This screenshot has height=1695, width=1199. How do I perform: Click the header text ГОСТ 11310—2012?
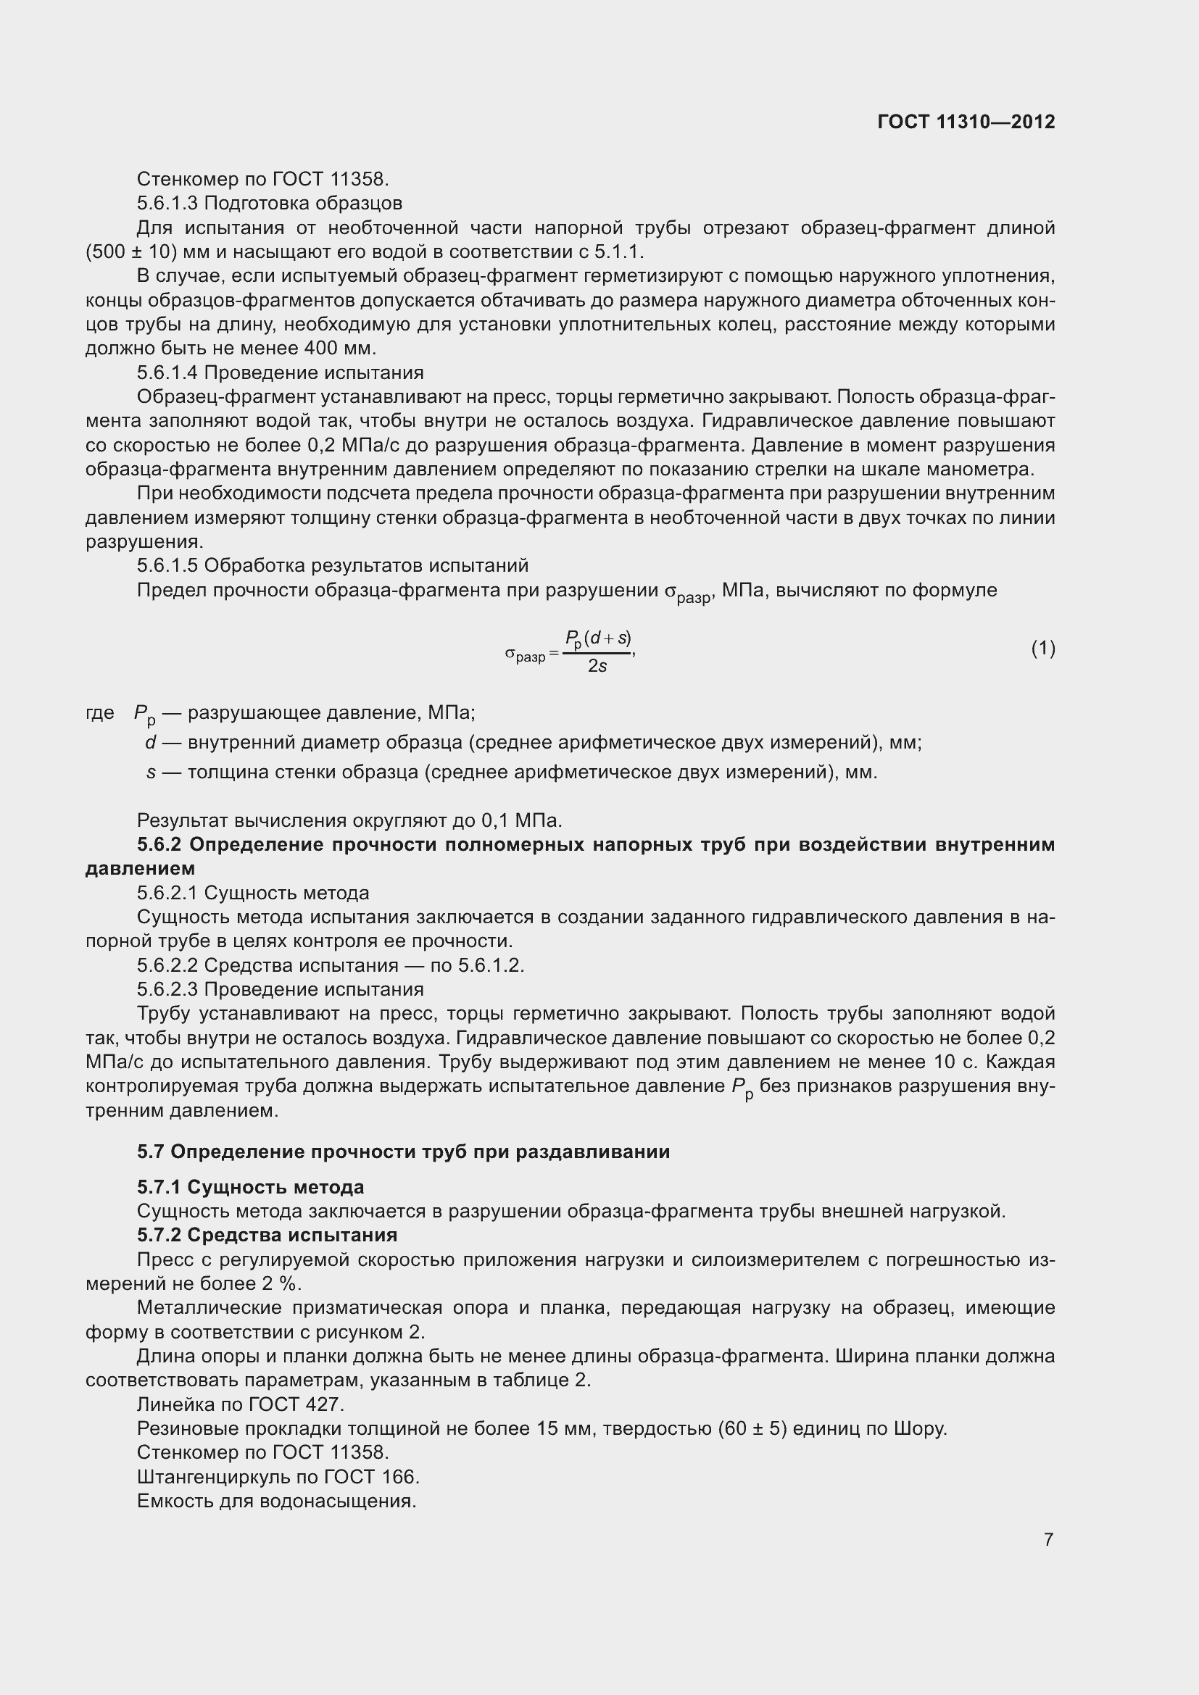click(966, 122)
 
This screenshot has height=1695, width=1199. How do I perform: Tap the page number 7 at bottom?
click(1048, 1539)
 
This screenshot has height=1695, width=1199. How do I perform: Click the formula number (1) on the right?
click(1042, 648)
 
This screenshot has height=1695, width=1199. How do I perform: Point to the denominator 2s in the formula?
click(597, 666)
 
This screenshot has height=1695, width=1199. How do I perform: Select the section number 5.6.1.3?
click(167, 203)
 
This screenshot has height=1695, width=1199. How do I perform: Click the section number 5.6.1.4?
click(167, 372)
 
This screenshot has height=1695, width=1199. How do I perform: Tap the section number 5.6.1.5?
click(167, 565)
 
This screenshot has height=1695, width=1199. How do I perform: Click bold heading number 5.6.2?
click(159, 844)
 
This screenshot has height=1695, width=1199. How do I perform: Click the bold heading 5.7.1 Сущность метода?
click(250, 1187)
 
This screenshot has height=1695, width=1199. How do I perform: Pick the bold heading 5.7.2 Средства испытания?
click(267, 1235)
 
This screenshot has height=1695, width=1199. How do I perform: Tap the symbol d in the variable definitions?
click(151, 743)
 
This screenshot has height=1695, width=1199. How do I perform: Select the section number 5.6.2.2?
click(167, 965)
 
